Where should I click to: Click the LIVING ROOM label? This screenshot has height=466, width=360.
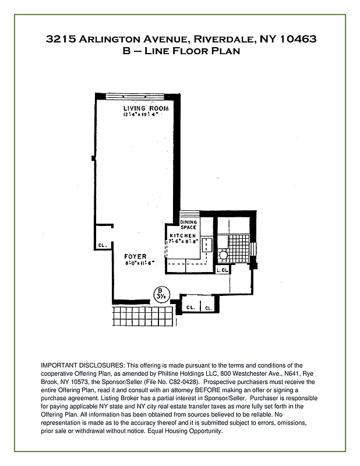click(x=146, y=108)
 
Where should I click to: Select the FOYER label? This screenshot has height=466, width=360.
click(x=135, y=256)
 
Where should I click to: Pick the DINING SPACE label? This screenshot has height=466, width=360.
click(x=188, y=224)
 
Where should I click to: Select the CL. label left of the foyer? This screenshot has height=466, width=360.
click(x=101, y=245)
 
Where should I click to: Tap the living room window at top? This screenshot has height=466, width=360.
click(x=138, y=96)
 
